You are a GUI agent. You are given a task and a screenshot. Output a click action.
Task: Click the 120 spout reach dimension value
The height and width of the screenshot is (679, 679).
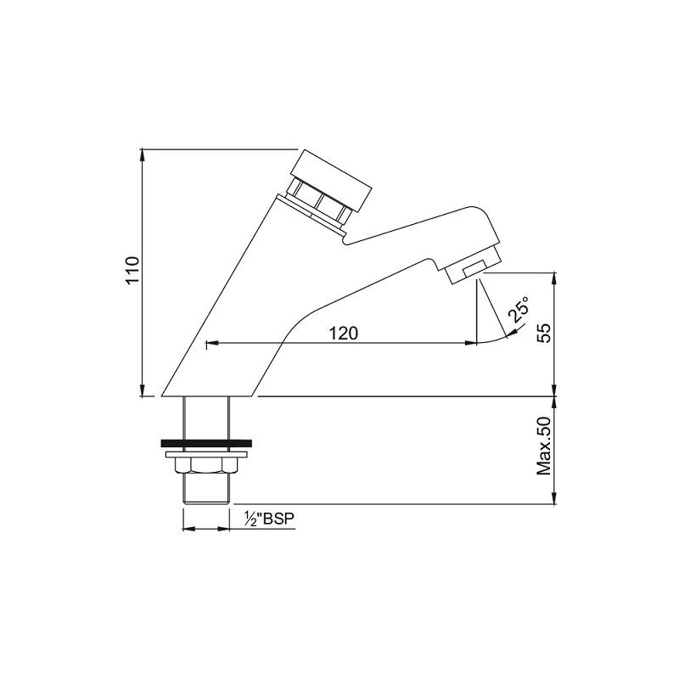pyautogui.click(x=342, y=333)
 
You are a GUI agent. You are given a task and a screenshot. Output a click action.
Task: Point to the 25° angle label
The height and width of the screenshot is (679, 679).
pyautogui.click(x=519, y=311)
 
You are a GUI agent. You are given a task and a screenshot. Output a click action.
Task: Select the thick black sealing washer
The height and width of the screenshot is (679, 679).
pyautogui.click(x=205, y=443)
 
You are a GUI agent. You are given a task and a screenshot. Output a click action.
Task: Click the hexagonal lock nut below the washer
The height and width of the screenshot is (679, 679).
pyautogui.click(x=205, y=464)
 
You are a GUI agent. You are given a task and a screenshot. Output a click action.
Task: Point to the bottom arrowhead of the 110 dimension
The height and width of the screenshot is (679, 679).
pyautogui.click(x=142, y=391)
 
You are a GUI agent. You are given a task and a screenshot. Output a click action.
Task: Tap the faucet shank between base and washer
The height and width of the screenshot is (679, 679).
pyautogui.click(x=205, y=418)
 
